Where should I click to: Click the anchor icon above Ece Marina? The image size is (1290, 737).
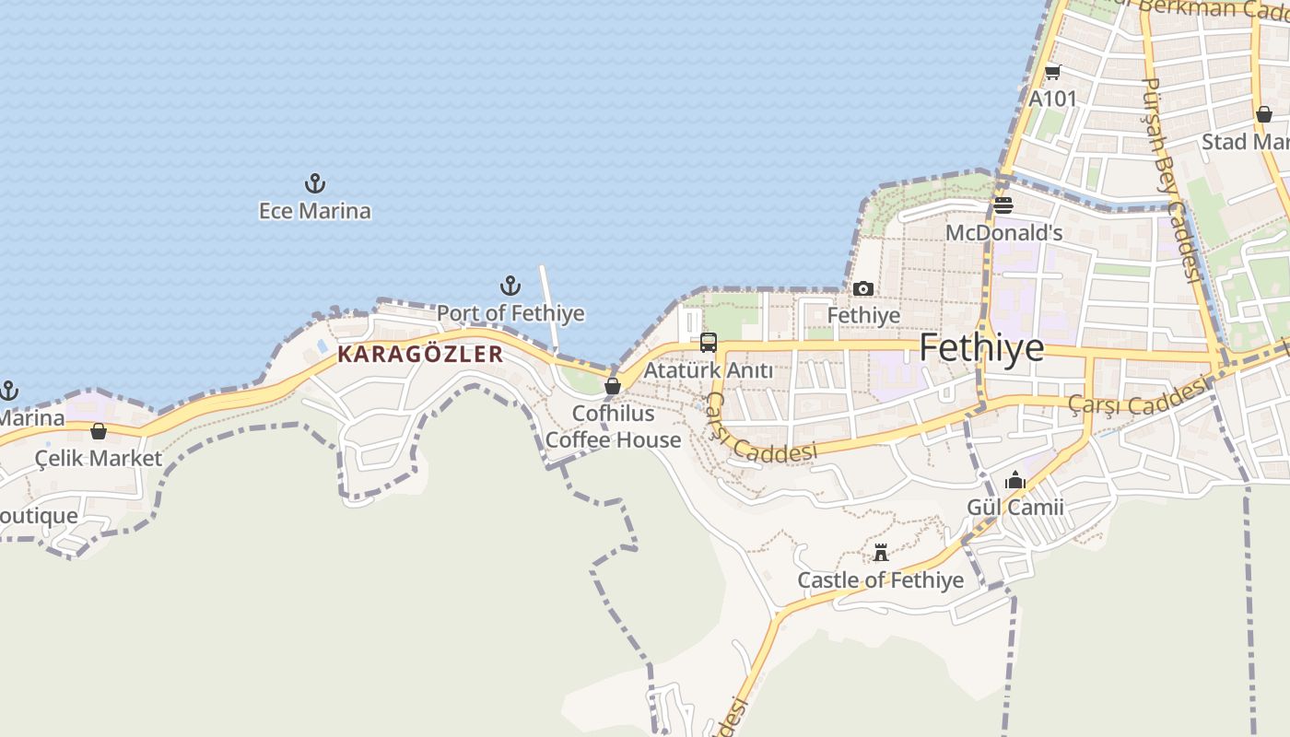tap(315, 183)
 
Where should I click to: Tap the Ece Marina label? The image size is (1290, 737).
tap(315, 211)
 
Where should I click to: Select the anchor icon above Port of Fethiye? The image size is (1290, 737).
tap(510, 286)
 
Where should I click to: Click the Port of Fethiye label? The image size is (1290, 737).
tap(510, 313)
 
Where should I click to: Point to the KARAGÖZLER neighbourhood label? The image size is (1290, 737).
tap(420, 354)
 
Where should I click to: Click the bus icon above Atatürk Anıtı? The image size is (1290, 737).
tap(709, 343)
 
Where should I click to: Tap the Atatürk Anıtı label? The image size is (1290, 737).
tap(709, 370)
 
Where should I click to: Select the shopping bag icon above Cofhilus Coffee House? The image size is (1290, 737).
tap(613, 386)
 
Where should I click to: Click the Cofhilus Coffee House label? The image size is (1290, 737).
tap(614, 427)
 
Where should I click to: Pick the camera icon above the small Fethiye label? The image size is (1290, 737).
tap(863, 289)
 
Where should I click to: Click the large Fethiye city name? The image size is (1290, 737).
tap(982, 348)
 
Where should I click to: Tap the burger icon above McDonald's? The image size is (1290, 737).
tap(1003, 205)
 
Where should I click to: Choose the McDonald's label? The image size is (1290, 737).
tap(1004, 233)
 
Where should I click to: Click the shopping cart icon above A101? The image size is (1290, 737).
tap(1052, 72)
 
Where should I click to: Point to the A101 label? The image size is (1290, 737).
tap(1052, 99)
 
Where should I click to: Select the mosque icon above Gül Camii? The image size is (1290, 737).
tap(1015, 480)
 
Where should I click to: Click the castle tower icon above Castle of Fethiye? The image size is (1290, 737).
tap(881, 553)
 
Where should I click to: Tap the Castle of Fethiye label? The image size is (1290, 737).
tap(881, 580)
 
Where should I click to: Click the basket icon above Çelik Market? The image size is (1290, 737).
tap(99, 431)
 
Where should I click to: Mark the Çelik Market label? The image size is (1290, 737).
tap(99, 458)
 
